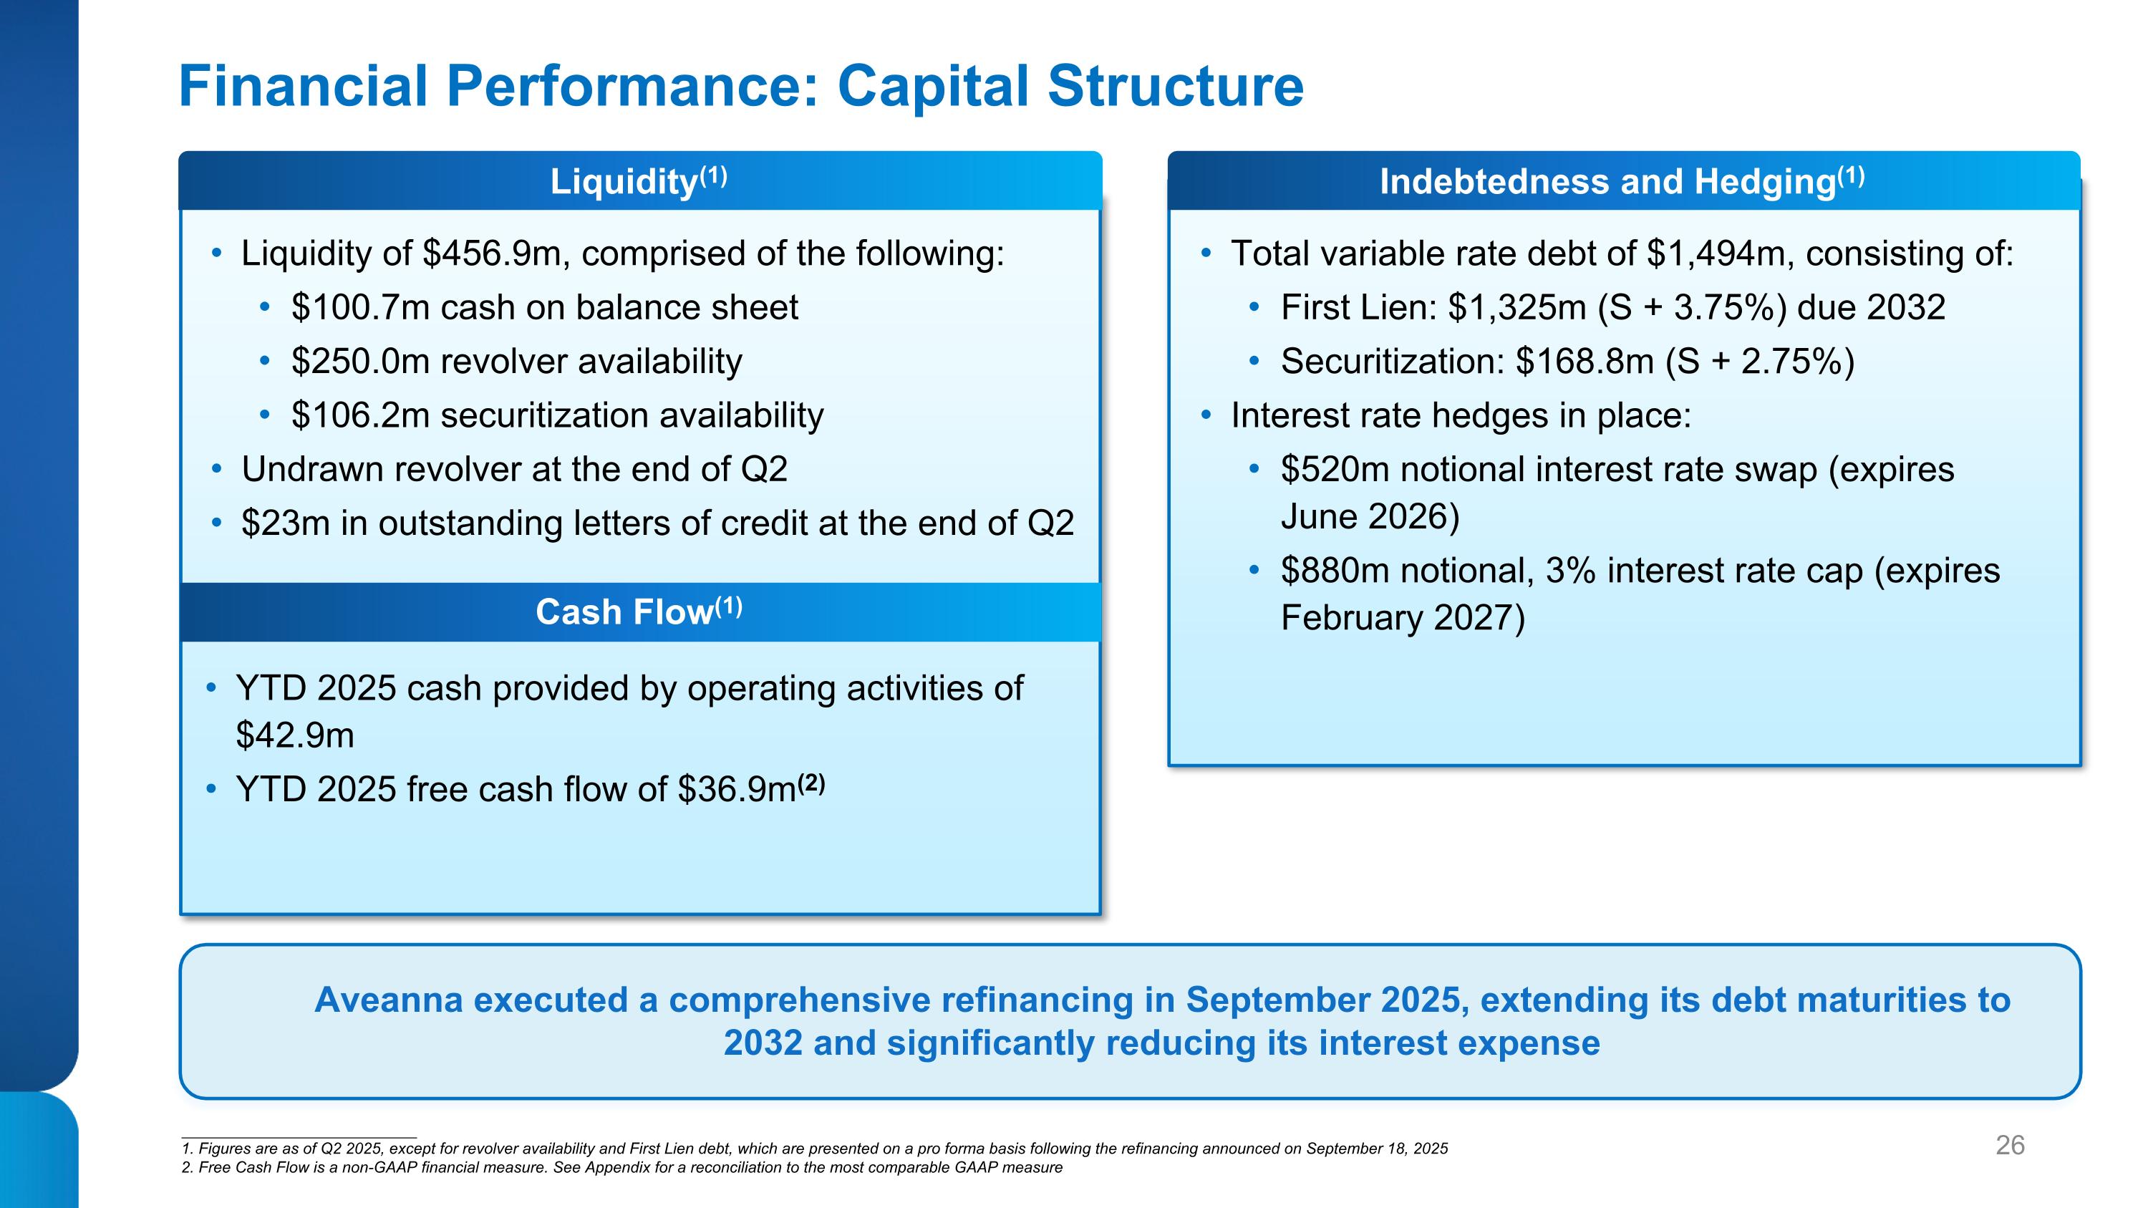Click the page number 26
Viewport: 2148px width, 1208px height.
2010,1146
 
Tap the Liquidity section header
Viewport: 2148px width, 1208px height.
639,181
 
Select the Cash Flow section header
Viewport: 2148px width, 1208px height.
639,612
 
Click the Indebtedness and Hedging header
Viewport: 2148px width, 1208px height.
1622,181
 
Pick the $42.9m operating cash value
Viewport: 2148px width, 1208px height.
295,735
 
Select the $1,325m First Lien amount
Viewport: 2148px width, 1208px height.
1516,308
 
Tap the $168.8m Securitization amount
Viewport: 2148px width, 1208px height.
1585,362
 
